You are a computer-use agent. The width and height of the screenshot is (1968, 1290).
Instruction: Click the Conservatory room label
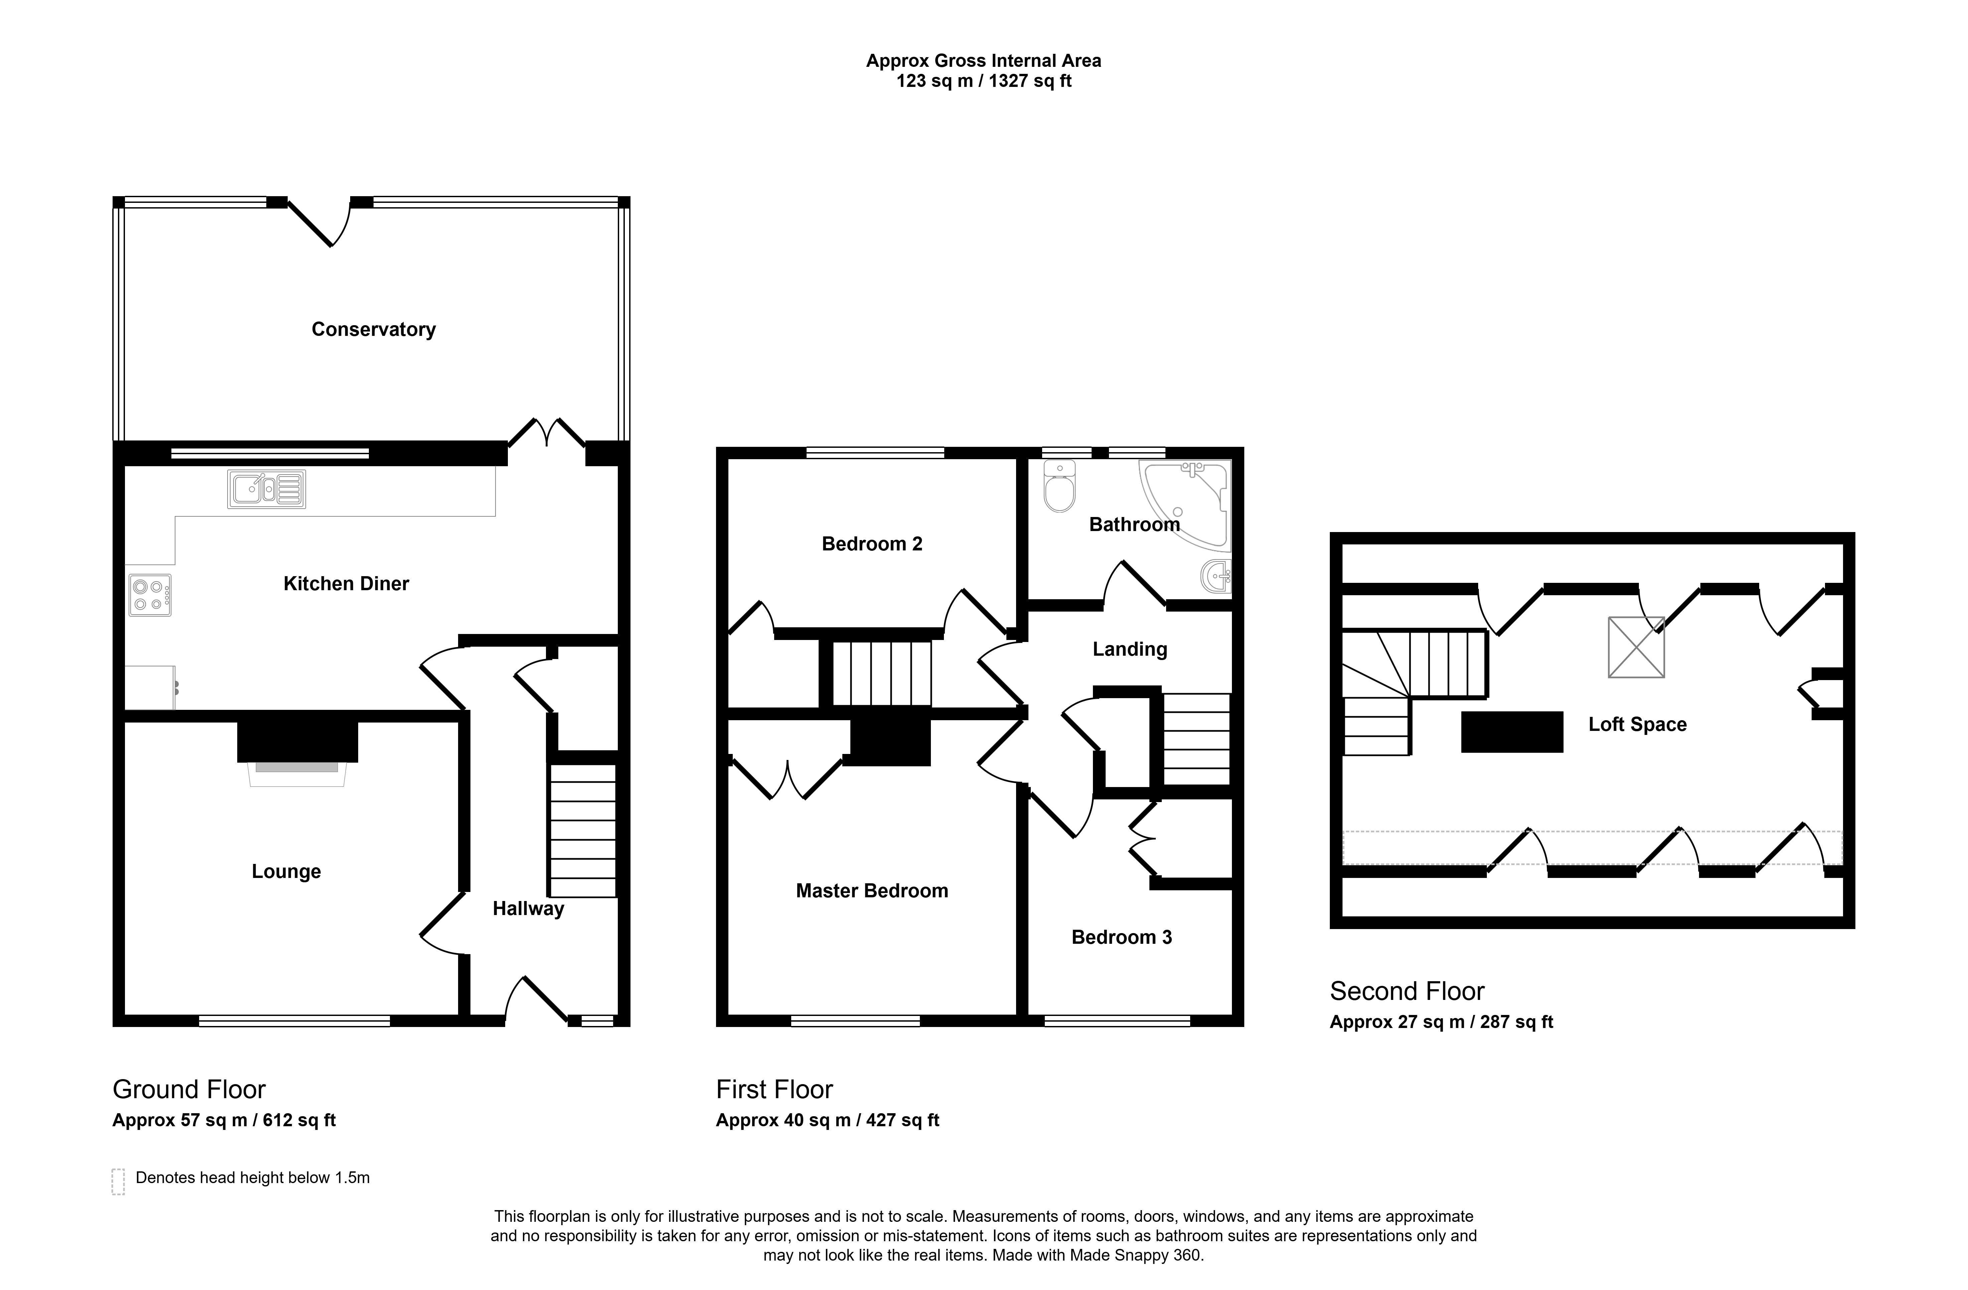click(x=374, y=329)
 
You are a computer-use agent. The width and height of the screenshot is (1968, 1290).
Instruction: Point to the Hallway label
click(x=528, y=909)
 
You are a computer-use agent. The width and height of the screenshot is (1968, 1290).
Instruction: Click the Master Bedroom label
click(x=871, y=891)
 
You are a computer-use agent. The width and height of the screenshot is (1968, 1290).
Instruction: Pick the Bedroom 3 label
click(x=1121, y=937)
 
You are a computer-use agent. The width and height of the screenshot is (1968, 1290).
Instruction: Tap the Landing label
click(x=1130, y=649)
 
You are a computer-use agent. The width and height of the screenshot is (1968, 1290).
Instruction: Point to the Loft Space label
click(x=1637, y=725)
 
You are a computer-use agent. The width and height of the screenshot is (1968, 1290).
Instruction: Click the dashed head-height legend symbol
click(x=118, y=1182)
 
